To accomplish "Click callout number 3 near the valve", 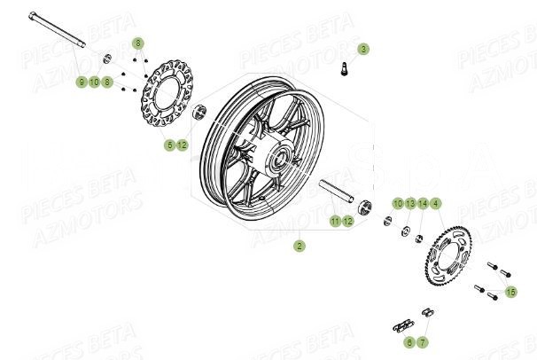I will pyautogui.click(x=363, y=49).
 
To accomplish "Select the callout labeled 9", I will pyautogui.click(x=81, y=82).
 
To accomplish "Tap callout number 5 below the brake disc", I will pyautogui.click(x=169, y=145).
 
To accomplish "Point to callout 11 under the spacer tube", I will pyautogui.click(x=336, y=220).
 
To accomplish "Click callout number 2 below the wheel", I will pyautogui.click(x=300, y=247).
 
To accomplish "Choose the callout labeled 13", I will pyautogui.click(x=410, y=203).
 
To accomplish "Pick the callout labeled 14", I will pyautogui.click(x=424, y=203).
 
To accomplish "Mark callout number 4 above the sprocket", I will pyautogui.click(x=436, y=203).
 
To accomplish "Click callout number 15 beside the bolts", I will pyautogui.click(x=510, y=292).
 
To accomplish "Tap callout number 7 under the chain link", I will pyautogui.click(x=423, y=341).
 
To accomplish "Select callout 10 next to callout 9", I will pyautogui.click(x=94, y=82).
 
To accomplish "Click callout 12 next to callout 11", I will pyautogui.click(x=348, y=220).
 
